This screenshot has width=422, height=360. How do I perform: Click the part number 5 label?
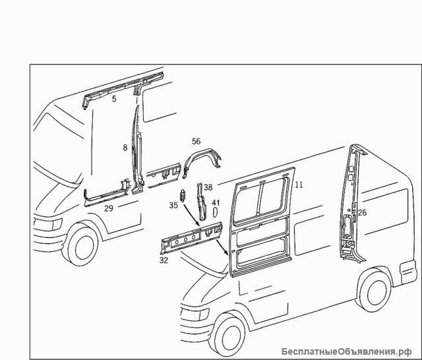[114, 99]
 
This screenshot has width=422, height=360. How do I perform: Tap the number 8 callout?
[125, 148]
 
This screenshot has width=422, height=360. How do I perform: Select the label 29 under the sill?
[108, 208]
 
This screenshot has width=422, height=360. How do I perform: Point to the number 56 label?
[196, 141]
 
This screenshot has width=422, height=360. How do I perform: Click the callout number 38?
[208, 187]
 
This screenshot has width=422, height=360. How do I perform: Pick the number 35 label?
[173, 205]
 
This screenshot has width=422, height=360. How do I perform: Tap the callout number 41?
[216, 202]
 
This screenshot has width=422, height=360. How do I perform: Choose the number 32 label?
[164, 260]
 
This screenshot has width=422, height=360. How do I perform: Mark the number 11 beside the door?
[299, 185]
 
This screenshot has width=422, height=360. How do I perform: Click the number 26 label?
[362, 212]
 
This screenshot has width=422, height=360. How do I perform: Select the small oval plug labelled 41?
[215, 212]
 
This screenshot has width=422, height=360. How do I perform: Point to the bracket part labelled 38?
[201, 200]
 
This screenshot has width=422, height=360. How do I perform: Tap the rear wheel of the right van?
[375, 291]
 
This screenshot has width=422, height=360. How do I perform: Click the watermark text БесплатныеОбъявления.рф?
[346, 351]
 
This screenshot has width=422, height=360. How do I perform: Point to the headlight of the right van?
[195, 314]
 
